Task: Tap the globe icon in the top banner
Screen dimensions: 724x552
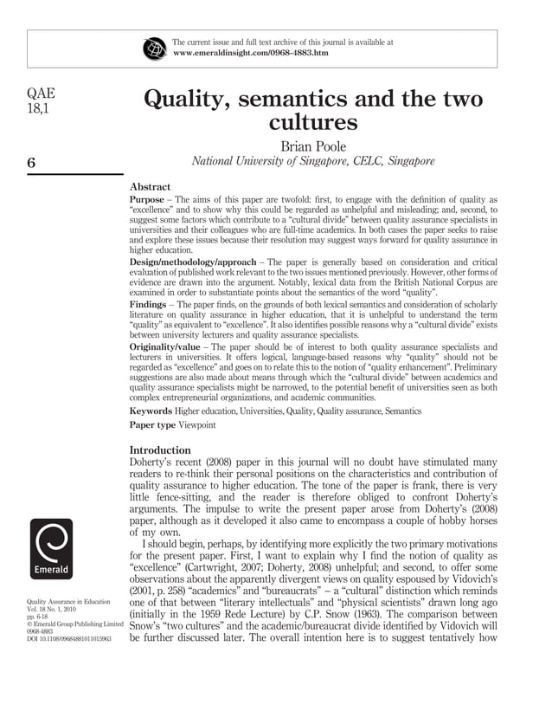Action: click(x=155, y=48)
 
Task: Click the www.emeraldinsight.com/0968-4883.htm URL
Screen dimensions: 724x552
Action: click(x=251, y=53)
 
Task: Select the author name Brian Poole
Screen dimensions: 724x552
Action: click(x=312, y=145)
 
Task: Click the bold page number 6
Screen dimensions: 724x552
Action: click(x=31, y=161)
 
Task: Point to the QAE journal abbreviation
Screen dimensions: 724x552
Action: click(x=41, y=96)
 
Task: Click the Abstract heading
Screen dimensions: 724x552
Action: click(x=150, y=186)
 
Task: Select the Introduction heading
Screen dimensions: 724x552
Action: click(x=160, y=450)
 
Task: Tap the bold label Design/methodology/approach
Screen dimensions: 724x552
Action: click(x=191, y=262)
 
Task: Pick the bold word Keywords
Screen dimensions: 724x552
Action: click(x=151, y=411)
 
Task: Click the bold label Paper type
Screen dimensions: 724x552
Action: click(x=154, y=425)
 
